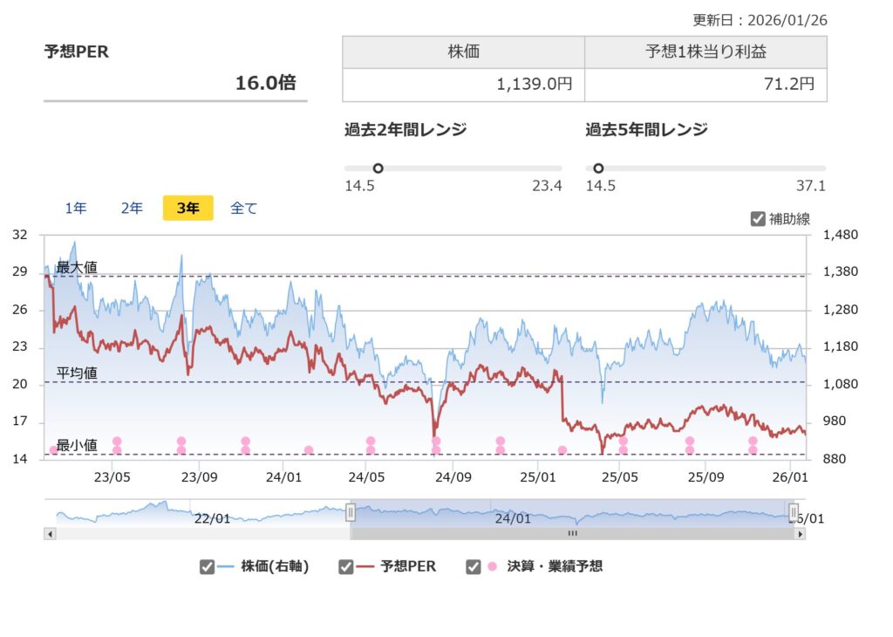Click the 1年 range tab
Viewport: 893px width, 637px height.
click(x=76, y=209)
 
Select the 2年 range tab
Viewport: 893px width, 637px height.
click(x=132, y=209)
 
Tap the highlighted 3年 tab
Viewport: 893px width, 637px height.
click(x=188, y=209)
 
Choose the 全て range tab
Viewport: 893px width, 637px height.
click(x=244, y=209)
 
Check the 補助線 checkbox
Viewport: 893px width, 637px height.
click(x=758, y=219)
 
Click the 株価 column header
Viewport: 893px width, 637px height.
click(x=463, y=52)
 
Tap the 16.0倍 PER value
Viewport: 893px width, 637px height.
click(x=265, y=83)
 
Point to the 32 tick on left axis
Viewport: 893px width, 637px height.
click(x=20, y=235)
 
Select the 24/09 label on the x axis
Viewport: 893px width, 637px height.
click(x=453, y=477)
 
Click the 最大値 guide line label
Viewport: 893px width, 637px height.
click(x=77, y=268)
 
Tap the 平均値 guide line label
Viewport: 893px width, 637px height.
click(x=77, y=373)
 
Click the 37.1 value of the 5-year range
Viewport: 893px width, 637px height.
click(x=811, y=186)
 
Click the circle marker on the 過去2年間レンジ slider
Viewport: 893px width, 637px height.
click(x=378, y=168)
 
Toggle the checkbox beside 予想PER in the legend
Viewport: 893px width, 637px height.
click(x=346, y=567)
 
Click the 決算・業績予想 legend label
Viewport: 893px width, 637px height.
click(x=555, y=566)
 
